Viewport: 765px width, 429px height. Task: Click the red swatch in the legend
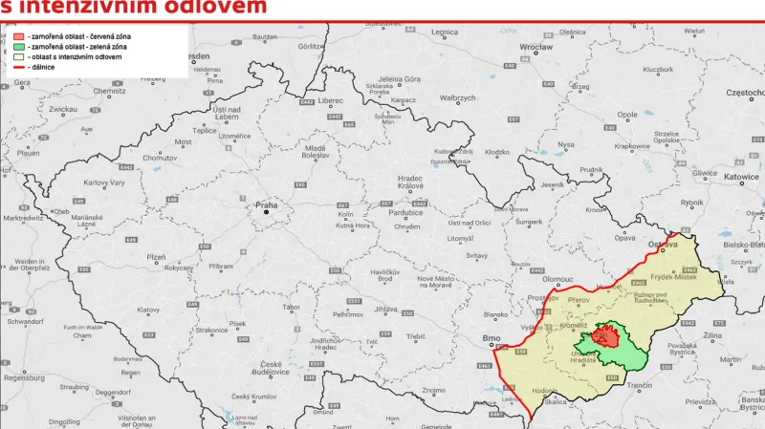pos(20,35)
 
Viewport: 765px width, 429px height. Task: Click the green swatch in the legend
pos(20,46)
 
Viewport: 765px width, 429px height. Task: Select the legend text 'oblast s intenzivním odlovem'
pos(76,56)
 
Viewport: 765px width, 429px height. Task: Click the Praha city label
pos(265,205)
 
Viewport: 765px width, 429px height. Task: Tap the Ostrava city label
pos(663,245)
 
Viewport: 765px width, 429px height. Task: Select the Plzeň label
pos(155,258)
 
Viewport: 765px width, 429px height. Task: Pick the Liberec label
pos(331,99)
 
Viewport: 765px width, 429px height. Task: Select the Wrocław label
pos(536,46)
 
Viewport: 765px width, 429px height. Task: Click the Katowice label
pos(740,177)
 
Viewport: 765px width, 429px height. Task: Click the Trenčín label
pos(640,385)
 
